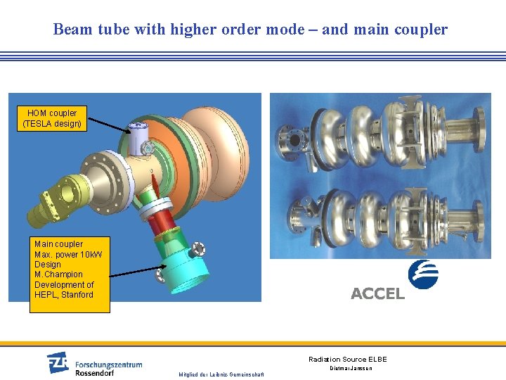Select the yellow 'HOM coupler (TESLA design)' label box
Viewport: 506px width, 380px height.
click(x=52, y=118)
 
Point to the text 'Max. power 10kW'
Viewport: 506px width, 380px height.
click(x=67, y=254)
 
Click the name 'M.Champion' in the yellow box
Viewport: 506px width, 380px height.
click(x=58, y=274)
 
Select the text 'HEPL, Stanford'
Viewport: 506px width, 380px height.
click(x=63, y=295)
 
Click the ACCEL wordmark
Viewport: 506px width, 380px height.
click(x=377, y=293)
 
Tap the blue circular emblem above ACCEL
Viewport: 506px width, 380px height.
click(x=423, y=274)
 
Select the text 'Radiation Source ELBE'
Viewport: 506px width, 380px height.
click(x=347, y=360)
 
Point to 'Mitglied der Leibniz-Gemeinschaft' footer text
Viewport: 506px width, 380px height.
click(x=221, y=374)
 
